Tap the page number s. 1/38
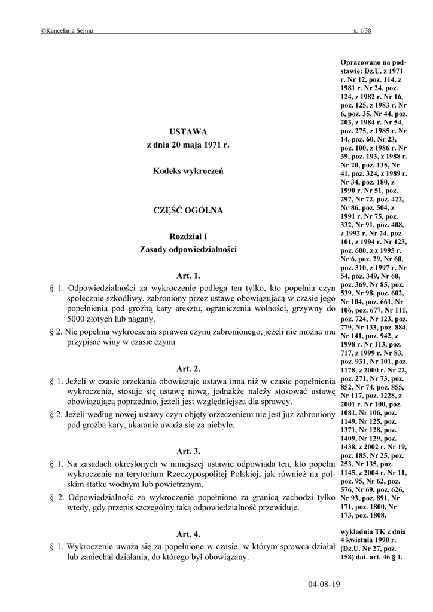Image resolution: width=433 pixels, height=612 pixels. tap(362, 30)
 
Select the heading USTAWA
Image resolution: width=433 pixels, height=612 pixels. tap(188, 131)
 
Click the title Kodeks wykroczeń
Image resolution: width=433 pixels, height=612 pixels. tap(188, 172)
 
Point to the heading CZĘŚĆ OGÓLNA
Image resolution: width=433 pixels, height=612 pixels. tap(188, 210)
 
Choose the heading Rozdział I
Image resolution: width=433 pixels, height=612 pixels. tap(188, 237)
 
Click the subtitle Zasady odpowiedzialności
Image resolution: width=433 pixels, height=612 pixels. tap(188, 249)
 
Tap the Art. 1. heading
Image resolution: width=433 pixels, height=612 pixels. tap(188, 276)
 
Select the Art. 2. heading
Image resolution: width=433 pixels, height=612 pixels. tap(188, 368)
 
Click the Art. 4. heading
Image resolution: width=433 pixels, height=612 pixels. tap(188, 533)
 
